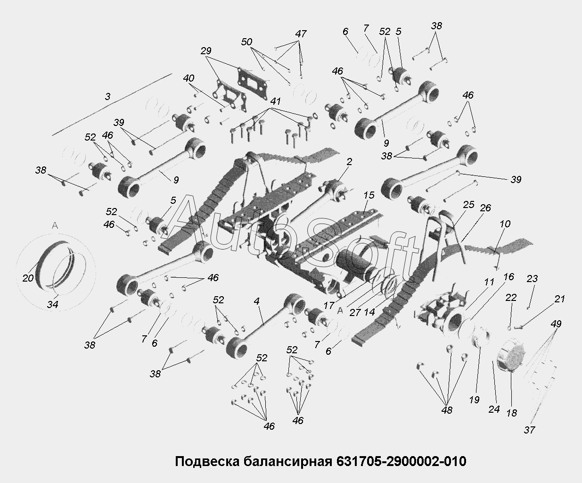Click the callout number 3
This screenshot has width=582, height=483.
107,97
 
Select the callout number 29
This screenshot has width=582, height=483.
206,51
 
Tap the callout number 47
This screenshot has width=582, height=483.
301,34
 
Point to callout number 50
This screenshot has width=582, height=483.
246,42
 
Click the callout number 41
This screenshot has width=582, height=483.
275,101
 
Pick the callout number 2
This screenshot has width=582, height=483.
349,162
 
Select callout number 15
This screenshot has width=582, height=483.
369,195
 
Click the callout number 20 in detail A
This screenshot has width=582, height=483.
28,278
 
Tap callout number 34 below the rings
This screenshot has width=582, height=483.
52,304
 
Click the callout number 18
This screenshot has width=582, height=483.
512,413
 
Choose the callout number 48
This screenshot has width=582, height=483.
447,410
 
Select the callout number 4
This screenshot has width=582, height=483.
257,301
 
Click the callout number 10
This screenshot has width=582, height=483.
505,224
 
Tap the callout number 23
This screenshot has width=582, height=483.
532,278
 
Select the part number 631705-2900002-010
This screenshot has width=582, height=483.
401,461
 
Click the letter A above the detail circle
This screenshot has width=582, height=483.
55,225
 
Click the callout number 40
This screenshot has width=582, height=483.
189,78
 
